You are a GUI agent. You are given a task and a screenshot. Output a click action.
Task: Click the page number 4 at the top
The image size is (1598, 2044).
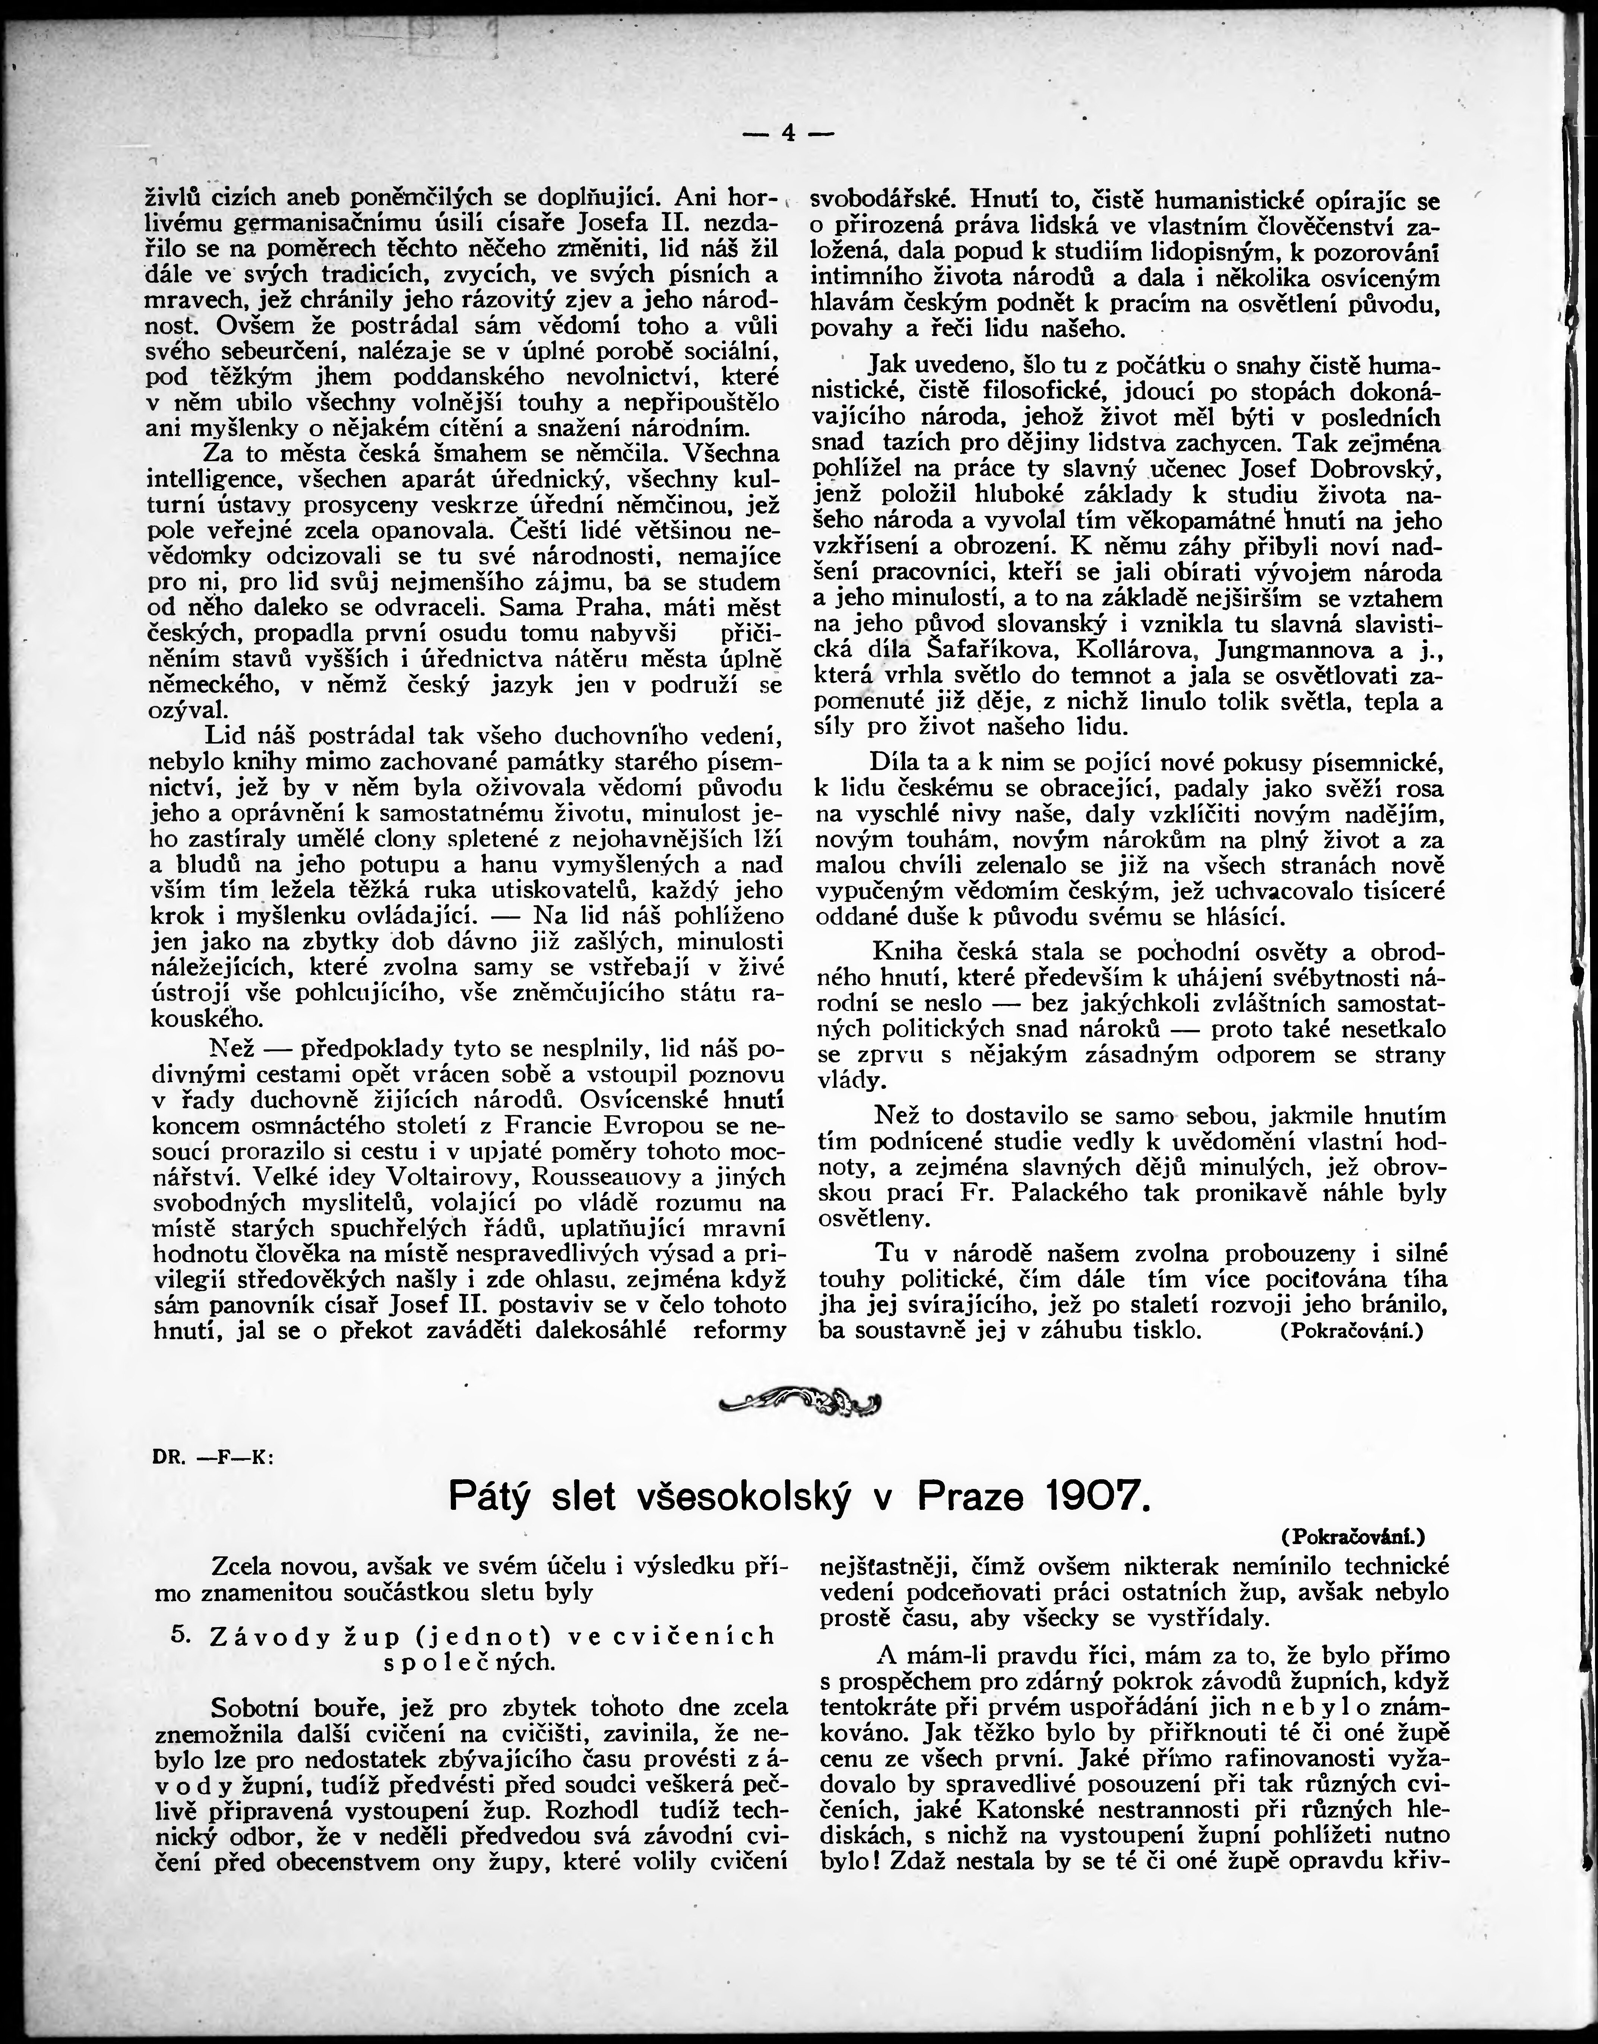pyautogui.click(x=788, y=134)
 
